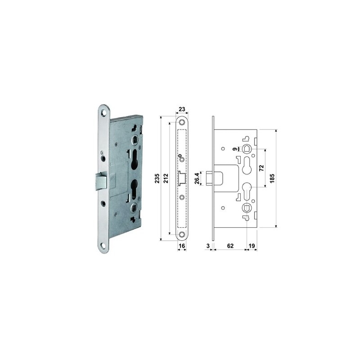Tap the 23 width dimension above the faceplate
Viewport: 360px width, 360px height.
coord(182,108)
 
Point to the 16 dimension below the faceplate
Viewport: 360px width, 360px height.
coord(182,246)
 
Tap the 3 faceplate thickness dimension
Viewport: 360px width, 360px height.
coord(208,246)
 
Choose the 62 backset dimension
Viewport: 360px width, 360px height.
coord(230,246)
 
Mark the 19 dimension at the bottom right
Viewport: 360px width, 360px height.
coord(252,246)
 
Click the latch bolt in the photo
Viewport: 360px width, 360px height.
coord(100,181)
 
